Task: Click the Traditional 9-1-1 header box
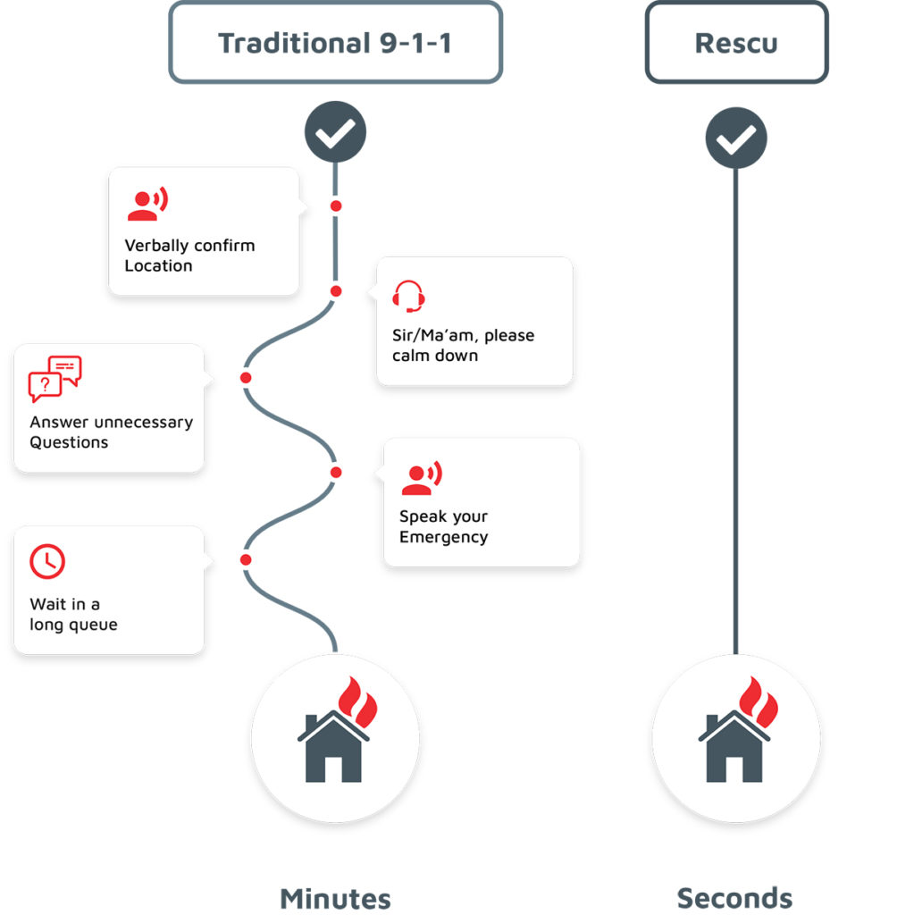point(335,43)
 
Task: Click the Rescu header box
point(736,43)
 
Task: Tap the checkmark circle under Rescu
point(736,138)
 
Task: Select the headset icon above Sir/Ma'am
point(408,296)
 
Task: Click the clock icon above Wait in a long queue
point(47,560)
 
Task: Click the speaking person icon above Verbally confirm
point(147,206)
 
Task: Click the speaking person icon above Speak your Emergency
point(421,478)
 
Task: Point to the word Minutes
point(335,898)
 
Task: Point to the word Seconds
point(734,898)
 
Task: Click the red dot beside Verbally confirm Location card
point(336,206)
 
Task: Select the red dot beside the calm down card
point(336,291)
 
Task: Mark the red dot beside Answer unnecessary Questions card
point(246,378)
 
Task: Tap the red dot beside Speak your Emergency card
point(336,472)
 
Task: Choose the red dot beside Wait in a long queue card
point(246,560)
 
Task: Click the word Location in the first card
point(158,266)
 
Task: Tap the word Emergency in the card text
point(443,537)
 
